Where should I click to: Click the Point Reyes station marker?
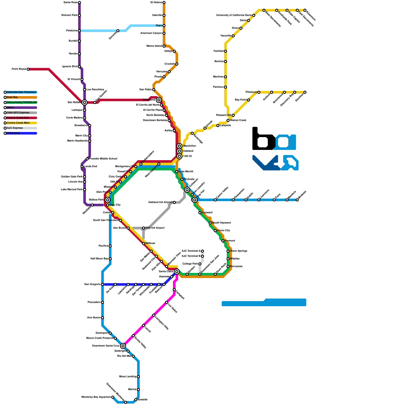[28, 69]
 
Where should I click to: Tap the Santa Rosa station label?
[70, 3]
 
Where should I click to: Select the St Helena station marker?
[164, 3]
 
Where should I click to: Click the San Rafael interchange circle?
[85, 102]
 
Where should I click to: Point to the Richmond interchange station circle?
[159, 100]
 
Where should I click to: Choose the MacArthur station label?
[190, 146]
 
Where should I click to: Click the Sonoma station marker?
[118, 31]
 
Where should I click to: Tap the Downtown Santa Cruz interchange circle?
[123, 346]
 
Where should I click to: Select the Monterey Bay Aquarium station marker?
[113, 397]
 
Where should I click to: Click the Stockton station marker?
[305, 92]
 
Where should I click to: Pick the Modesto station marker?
[297, 200]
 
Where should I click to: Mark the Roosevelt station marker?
[305, 10]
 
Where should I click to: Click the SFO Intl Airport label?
[155, 228]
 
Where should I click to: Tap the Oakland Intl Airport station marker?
[174, 202]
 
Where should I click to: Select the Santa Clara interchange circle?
[177, 272]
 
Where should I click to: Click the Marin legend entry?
[11, 108]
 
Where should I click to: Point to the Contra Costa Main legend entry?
[18, 123]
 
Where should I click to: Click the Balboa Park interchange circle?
[108, 200]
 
